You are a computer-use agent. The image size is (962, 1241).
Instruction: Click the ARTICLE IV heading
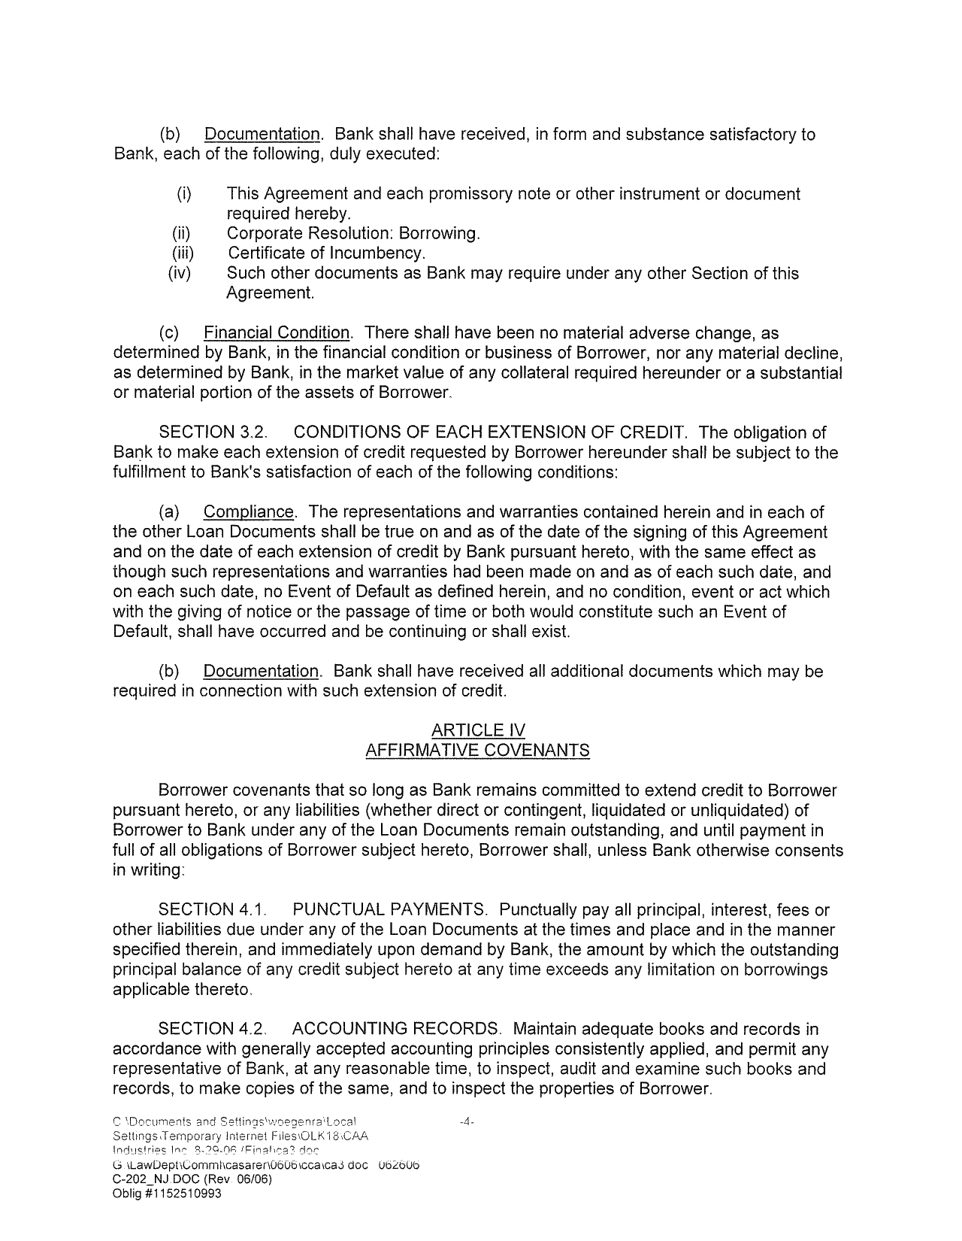click(x=478, y=730)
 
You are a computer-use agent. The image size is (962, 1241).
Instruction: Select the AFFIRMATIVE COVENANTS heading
click(x=477, y=751)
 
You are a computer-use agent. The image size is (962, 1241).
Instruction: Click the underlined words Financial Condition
click(x=277, y=332)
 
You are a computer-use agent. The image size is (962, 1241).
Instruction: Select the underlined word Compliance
click(x=249, y=512)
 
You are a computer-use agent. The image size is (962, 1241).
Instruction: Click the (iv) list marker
click(x=180, y=273)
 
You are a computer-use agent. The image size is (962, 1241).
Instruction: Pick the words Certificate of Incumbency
click(x=326, y=253)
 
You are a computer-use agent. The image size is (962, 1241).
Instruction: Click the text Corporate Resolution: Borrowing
click(x=353, y=234)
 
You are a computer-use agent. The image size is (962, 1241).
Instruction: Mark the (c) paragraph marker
click(x=169, y=332)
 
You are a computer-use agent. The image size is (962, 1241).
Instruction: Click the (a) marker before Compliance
click(x=169, y=512)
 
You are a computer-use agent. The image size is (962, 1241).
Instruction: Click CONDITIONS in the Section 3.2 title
click(x=349, y=432)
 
